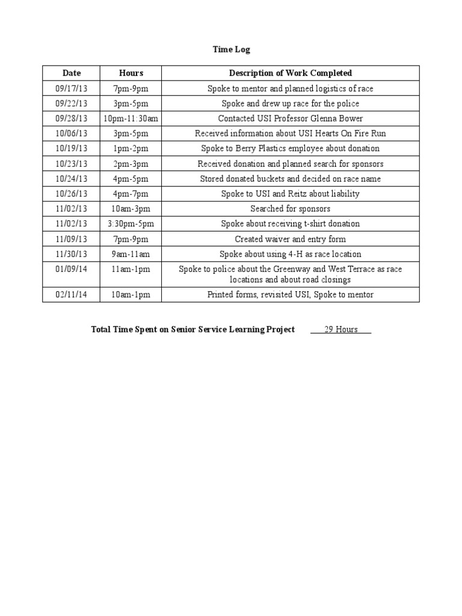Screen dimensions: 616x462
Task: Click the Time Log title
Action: tap(231, 49)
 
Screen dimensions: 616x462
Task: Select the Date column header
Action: tap(72, 73)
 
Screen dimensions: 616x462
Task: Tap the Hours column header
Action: tap(131, 73)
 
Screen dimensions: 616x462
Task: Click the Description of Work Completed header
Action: tap(291, 73)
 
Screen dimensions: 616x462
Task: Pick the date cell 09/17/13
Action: tap(72, 88)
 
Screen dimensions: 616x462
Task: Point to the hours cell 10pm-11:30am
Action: tap(131, 119)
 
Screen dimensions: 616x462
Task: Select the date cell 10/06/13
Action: tap(72, 134)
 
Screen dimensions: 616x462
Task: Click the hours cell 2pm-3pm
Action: tap(131, 164)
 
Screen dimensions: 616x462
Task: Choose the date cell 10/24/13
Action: tap(72, 179)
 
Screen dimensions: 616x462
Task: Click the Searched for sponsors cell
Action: tap(291, 209)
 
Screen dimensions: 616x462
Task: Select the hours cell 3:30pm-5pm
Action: tap(131, 224)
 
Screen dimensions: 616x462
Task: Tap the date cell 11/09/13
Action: tap(72, 239)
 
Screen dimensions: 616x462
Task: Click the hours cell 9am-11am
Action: tap(131, 254)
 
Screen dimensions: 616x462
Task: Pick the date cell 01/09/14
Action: tap(72, 269)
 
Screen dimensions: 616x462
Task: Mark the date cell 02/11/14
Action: tap(72, 295)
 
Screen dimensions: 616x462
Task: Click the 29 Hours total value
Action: tap(341, 330)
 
